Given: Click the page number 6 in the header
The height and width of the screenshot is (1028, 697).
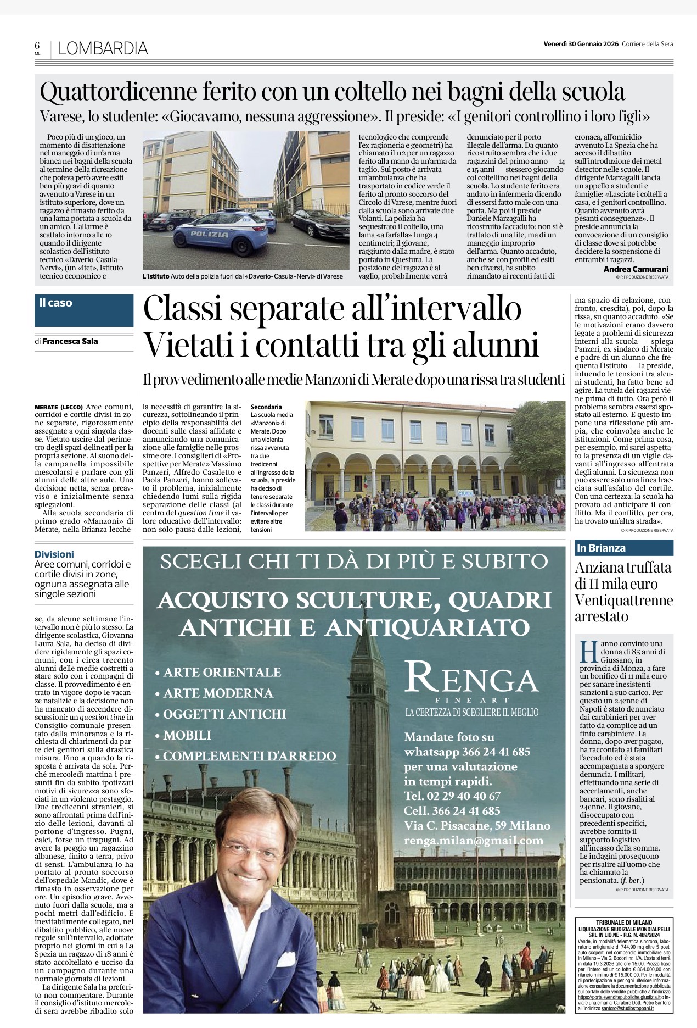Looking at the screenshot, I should click(37, 46).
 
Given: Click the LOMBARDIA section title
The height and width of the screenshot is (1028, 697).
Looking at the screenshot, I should click(103, 48).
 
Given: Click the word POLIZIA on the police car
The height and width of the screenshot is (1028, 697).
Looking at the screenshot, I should click(209, 234).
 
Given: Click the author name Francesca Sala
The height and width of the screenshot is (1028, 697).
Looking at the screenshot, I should click(70, 341).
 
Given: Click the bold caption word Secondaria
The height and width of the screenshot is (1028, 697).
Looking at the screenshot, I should click(266, 407).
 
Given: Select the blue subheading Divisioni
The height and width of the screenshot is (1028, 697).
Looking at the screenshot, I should click(54, 554).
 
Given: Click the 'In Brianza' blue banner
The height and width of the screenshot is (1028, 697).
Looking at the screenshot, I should click(623, 548).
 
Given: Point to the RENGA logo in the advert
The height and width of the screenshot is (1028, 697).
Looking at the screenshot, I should click(471, 679).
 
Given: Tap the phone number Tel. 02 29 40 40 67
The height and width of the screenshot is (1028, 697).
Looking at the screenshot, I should click(452, 796).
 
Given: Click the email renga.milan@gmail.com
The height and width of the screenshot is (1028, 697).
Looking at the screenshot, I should click(474, 841).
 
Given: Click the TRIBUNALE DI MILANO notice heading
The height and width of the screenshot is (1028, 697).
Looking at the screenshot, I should click(624, 923).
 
